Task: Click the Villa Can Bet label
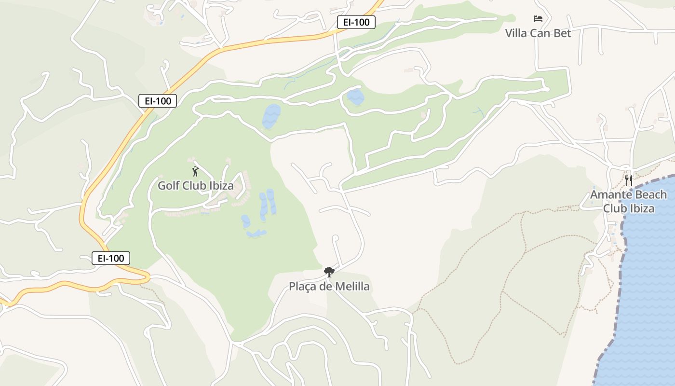point(538,33)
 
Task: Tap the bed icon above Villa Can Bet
point(538,19)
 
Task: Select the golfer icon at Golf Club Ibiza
point(195,171)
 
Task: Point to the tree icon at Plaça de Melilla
point(329,272)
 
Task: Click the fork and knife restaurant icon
point(629,180)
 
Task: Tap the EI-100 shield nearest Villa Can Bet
point(356,22)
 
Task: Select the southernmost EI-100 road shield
point(111,258)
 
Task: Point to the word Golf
point(169,186)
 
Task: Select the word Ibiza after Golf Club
point(219,186)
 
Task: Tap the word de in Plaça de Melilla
point(324,287)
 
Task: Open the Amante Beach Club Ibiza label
point(629,202)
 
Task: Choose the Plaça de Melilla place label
point(329,287)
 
